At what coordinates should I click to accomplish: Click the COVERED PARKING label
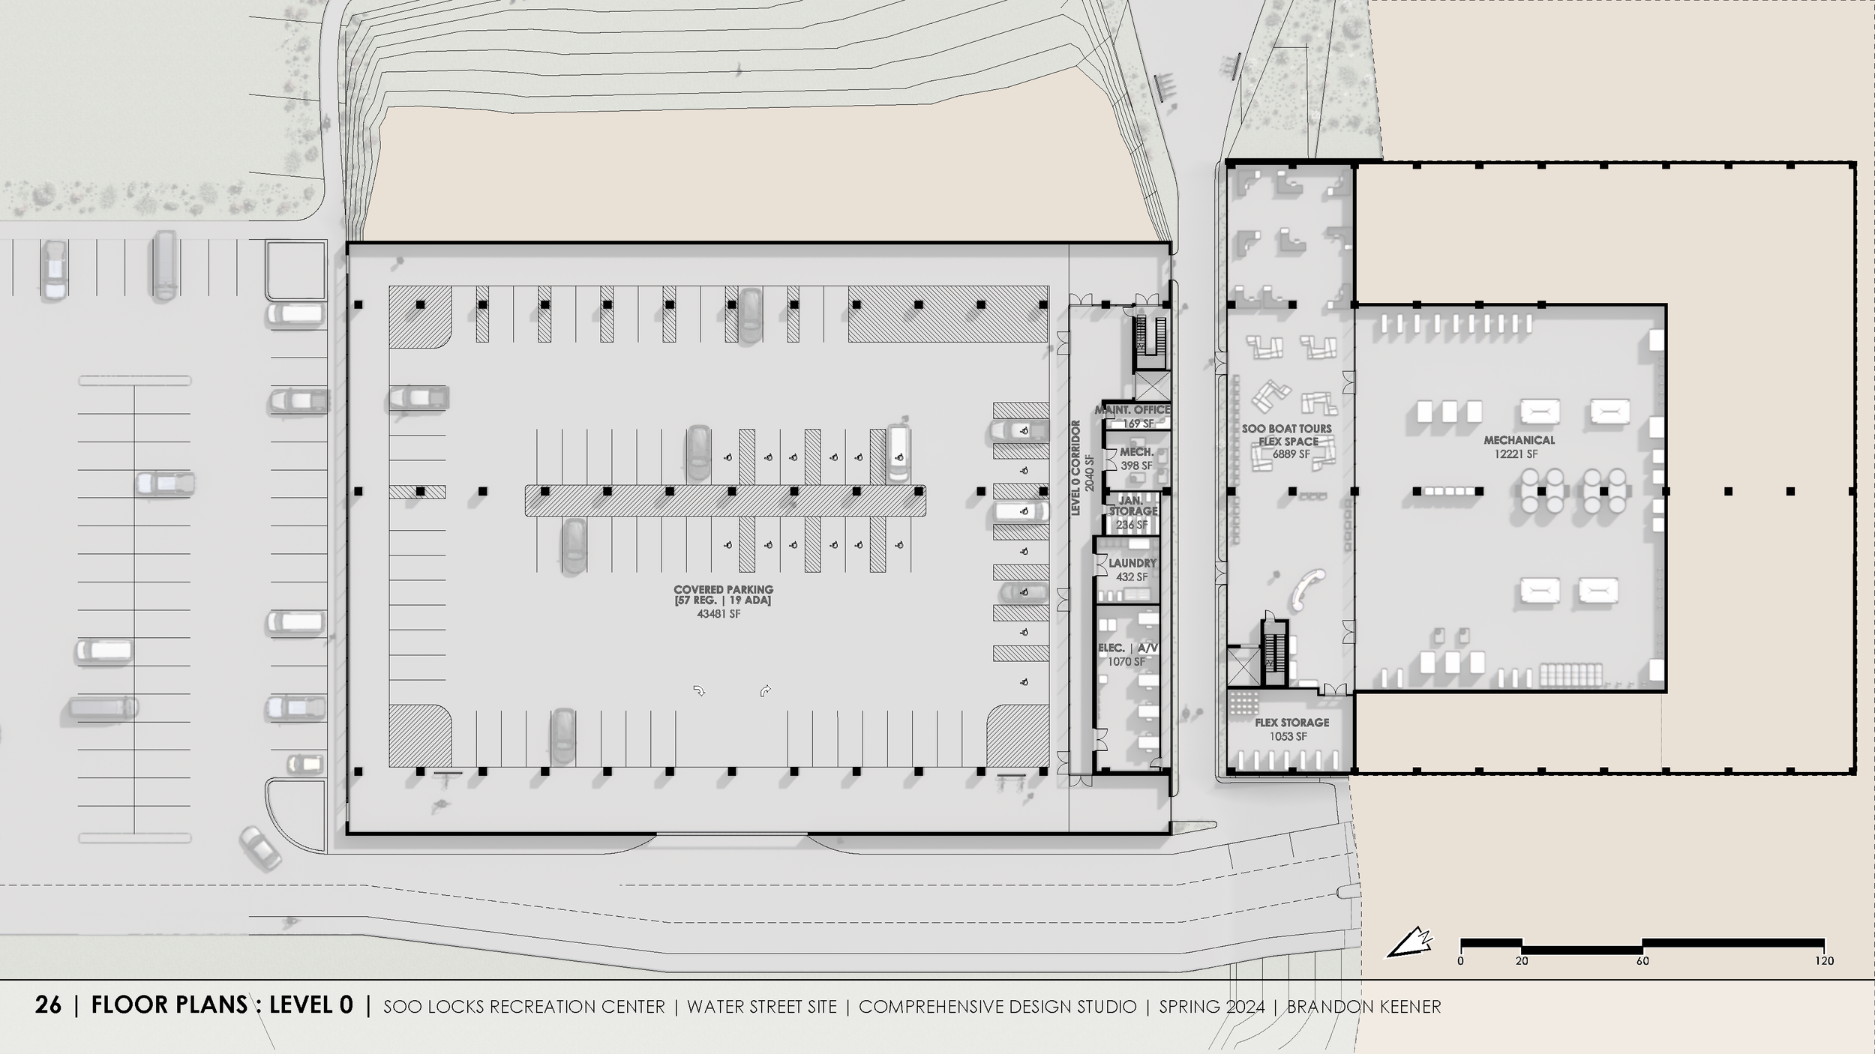tap(723, 590)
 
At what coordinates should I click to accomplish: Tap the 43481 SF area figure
tap(718, 614)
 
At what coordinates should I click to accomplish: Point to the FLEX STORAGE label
tap(1291, 723)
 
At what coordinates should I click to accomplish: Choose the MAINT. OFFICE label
tap(1132, 410)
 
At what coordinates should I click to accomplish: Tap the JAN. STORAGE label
tap(1132, 506)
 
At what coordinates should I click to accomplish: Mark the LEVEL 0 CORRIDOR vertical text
tap(1075, 468)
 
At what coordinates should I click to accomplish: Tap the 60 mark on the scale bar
tap(1642, 961)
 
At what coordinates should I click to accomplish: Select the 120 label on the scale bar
tap(1824, 961)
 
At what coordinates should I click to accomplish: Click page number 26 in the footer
tap(48, 1005)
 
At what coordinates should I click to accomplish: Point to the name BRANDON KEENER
tap(1363, 1007)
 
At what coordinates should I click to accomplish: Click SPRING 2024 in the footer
tap(1212, 1007)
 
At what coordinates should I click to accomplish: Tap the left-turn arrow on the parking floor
tap(699, 690)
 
